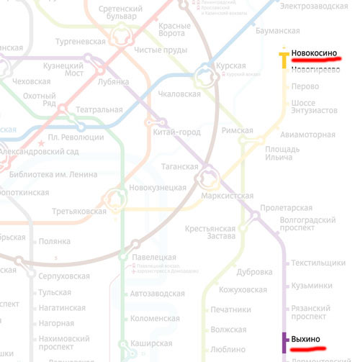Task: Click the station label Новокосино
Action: pos(315,53)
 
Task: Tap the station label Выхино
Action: pos(306,339)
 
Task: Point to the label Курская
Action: pos(230,66)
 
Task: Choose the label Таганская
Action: pos(179,166)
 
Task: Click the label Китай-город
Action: pos(177,132)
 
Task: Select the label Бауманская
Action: pos(277,31)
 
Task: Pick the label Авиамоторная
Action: pos(307,135)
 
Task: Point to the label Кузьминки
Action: pos(311,286)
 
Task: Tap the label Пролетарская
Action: pos(285,208)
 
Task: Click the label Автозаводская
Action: pos(158,294)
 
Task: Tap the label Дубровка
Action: pos(254,272)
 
